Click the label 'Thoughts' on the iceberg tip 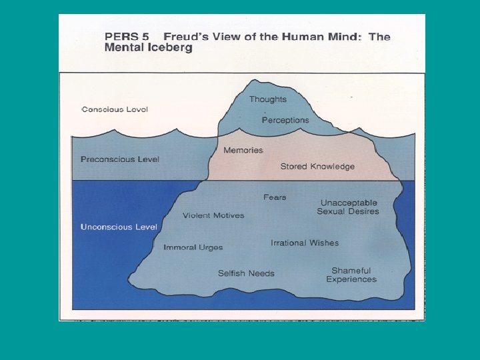[x=268, y=99]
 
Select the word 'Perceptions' [x=285, y=120]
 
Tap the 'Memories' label [x=243, y=150]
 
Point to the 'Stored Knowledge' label [x=317, y=166]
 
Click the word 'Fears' [x=275, y=197]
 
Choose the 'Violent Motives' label [x=213, y=215]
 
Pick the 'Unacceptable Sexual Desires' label [x=348, y=207]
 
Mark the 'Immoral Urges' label [x=193, y=247]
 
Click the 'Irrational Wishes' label [x=305, y=243]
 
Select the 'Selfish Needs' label [x=246, y=273]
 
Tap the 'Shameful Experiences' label [x=351, y=275]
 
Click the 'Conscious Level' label [x=115, y=109]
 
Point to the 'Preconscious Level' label [x=120, y=159]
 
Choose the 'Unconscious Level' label [x=119, y=227]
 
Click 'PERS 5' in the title [x=127, y=37]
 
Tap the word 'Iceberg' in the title [x=171, y=48]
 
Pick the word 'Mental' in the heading [x=124, y=48]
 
